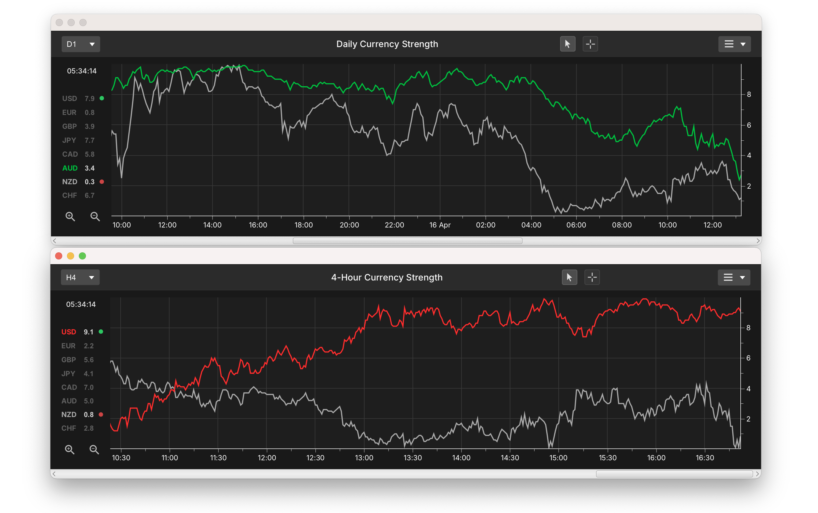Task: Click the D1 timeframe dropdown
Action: [80, 44]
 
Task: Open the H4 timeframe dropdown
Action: [80, 278]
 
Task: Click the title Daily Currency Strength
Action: [387, 44]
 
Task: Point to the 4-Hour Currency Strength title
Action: [386, 278]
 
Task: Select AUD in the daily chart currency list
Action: [70, 168]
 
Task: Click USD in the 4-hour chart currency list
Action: [68, 332]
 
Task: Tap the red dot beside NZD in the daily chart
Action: [101, 182]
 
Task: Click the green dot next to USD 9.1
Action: [101, 332]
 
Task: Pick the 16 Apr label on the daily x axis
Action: [440, 225]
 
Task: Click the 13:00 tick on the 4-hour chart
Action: [364, 458]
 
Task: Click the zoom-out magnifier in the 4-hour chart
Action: [94, 450]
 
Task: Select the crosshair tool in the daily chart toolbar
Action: [590, 44]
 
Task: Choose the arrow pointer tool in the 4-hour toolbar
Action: [569, 278]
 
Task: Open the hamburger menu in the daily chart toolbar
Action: [734, 44]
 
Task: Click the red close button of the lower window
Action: [59, 256]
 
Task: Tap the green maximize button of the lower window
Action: [82, 256]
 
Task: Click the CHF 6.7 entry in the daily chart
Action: [78, 195]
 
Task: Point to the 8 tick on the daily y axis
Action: [749, 94]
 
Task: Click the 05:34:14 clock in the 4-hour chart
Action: [81, 304]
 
